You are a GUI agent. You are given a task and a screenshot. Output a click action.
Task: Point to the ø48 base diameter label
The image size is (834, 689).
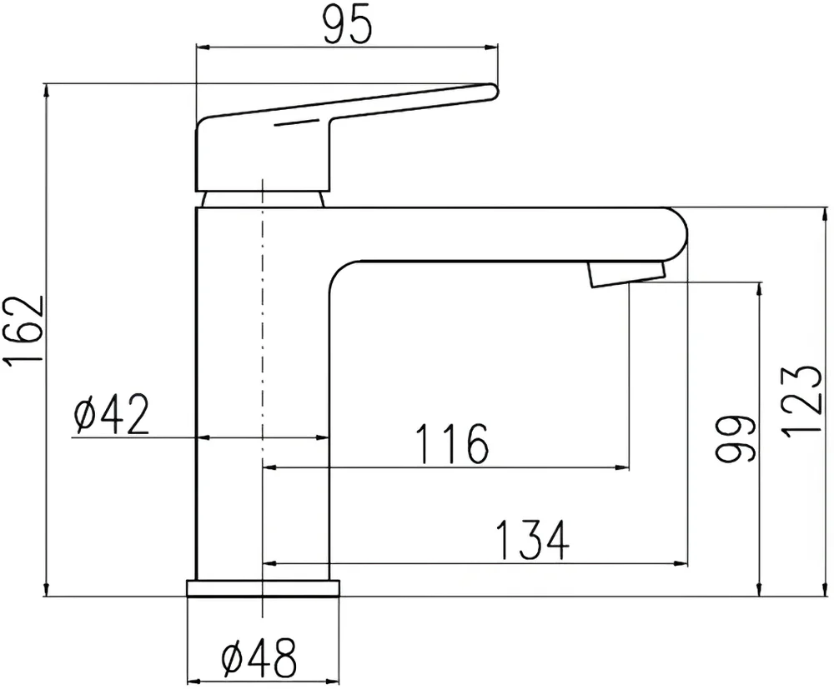point(259,661)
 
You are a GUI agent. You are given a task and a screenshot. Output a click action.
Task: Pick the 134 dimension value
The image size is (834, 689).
point(532,540)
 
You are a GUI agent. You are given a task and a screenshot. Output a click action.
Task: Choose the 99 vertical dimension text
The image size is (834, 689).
point(736,437)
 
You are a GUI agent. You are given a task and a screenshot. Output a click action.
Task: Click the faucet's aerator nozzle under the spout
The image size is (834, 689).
point(625,273)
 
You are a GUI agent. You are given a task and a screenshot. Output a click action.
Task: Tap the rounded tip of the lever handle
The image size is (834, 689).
point(490,90)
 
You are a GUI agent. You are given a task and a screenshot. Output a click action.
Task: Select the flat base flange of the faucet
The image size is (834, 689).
point(264,588)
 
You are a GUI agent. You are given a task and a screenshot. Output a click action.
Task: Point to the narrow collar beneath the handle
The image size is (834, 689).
point(264,198)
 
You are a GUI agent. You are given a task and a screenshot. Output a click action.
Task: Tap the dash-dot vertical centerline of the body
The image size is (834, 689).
point(263,333)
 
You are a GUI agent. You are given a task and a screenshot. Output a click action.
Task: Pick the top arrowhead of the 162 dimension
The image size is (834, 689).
point(45,89)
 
